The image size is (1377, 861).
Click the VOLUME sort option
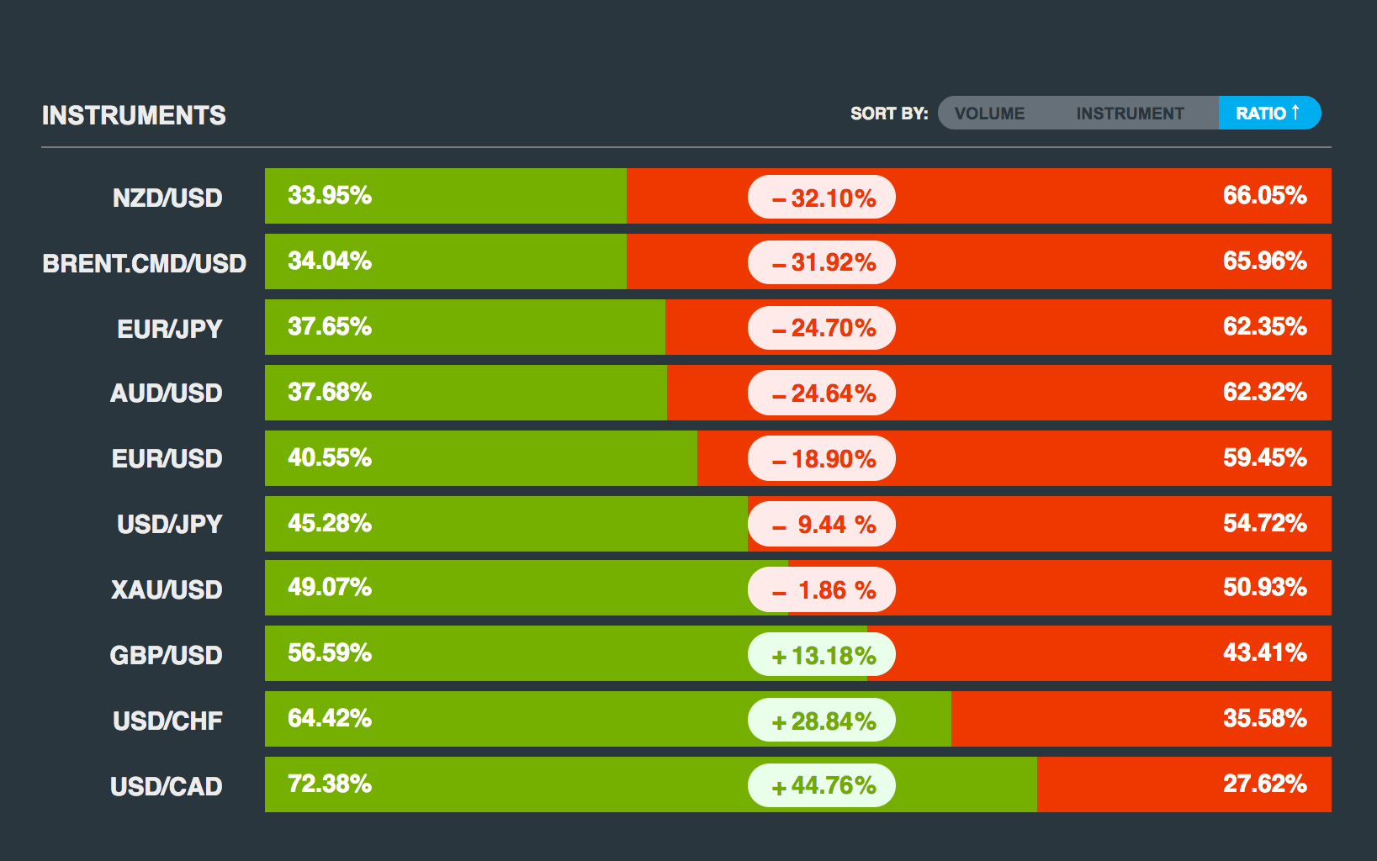point(989,114)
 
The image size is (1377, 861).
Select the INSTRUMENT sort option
point(1130,114)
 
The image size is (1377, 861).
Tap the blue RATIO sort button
point(1268,113)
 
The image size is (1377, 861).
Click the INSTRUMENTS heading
point(134,115)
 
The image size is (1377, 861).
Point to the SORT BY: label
point(889,114)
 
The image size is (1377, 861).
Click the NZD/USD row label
point(167,198)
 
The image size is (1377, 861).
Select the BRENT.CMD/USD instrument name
point(144,263)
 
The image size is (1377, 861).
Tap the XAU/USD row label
point(167,589)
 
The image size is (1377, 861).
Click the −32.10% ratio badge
point(822,198)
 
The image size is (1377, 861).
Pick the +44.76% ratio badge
point(822,785)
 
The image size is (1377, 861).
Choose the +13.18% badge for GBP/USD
point(822,655)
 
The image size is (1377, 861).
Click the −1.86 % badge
point(822,589)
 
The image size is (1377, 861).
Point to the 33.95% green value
point(330,195)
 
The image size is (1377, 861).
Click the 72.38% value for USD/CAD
point(330,784)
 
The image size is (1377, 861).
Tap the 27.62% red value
point(1264,784)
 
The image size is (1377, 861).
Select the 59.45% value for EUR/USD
point(1264,457)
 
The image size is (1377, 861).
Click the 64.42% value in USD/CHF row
point(330,718)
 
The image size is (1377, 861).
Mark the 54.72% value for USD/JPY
point(1264,523)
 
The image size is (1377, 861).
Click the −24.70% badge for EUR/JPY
point(822,327)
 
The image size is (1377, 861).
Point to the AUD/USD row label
point(167,393)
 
